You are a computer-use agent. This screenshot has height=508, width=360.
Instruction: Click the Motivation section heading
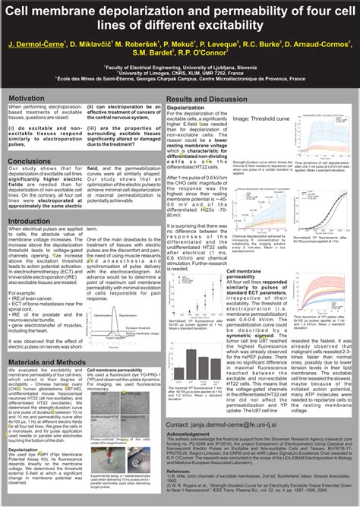coord(27,99)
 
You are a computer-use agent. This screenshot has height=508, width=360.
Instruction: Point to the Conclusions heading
coord(30,161)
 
